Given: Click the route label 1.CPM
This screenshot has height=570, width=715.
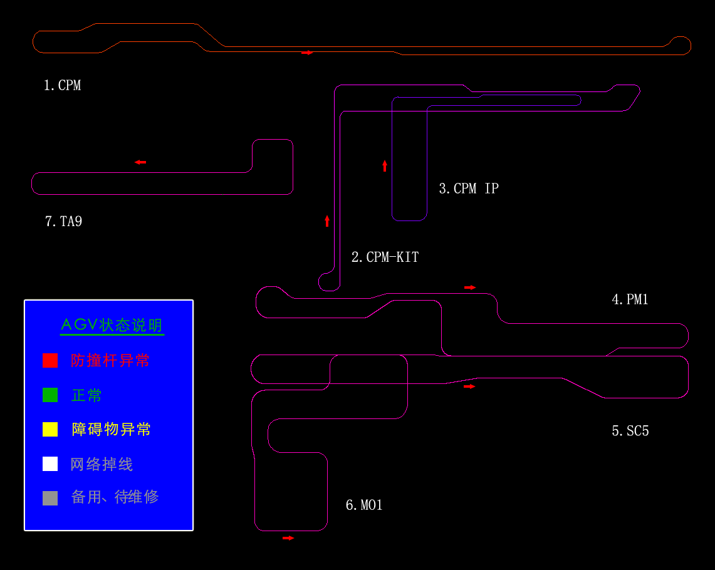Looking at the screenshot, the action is click(x=63, y=85).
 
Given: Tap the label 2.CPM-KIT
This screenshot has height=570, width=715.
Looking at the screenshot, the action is click(x=385, y=257).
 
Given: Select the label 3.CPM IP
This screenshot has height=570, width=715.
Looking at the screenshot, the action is click(x=469, y=188).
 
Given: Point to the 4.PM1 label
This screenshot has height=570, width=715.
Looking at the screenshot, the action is click(x=630, y=299).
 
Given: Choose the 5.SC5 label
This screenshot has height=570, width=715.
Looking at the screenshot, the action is click(x=630, y=430).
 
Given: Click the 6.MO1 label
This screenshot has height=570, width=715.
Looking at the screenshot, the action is click(x=364, y=505).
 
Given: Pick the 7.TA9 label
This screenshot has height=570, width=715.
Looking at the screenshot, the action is click(x=63, y=222).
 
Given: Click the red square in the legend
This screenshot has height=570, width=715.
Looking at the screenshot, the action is click(x=50, y=360).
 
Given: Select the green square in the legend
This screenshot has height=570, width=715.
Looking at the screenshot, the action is click(x=50, y=395).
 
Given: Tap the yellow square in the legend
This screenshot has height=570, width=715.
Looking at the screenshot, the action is click(x=50, y=429).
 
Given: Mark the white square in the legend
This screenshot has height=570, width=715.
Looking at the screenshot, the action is click(x=50, y=464).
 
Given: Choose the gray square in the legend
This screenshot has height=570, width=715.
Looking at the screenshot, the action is click(x=50, y=498).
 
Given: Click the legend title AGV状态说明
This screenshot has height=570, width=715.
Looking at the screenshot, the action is click(x=112, y=325).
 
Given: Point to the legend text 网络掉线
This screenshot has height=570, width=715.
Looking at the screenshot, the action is click(x=102, y=464).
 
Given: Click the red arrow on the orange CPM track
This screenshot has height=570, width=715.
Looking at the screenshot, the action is click(x=307, y=53).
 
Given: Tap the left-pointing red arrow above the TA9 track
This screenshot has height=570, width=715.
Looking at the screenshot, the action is click(x=140, y=162).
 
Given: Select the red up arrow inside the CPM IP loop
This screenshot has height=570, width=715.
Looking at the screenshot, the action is click(x=385, y=166).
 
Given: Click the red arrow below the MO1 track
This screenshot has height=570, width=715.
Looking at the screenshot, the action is click(x=288, y=538).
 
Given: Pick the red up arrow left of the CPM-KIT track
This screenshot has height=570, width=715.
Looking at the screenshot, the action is click(x=327, y=221).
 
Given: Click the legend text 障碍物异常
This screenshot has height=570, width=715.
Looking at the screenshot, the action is click(x=112, y=429).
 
